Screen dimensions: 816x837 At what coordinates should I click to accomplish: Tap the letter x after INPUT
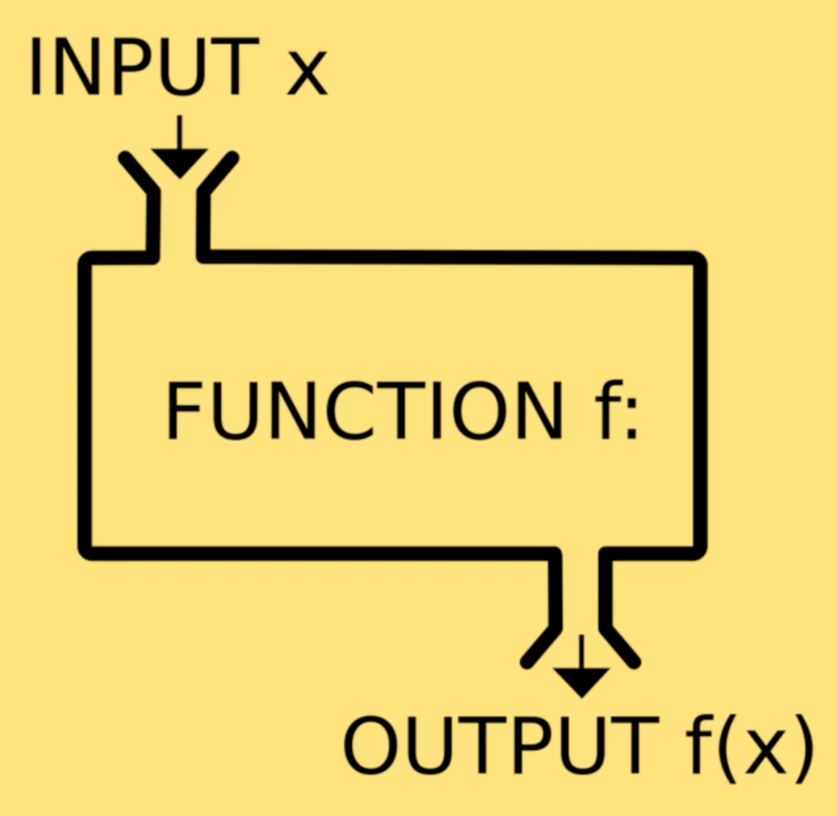point(307,75)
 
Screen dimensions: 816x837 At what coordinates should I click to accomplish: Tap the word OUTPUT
point(500,745)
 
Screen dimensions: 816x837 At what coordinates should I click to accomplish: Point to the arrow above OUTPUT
point(581,669)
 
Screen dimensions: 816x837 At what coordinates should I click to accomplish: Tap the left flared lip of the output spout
point(540,645)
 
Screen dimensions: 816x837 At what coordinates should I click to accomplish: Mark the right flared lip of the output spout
point(621,645)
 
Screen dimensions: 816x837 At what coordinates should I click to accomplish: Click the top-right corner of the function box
point(699,259)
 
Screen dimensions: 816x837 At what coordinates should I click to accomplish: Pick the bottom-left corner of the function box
point(85,552)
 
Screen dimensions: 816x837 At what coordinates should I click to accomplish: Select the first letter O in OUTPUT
point(374,745)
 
